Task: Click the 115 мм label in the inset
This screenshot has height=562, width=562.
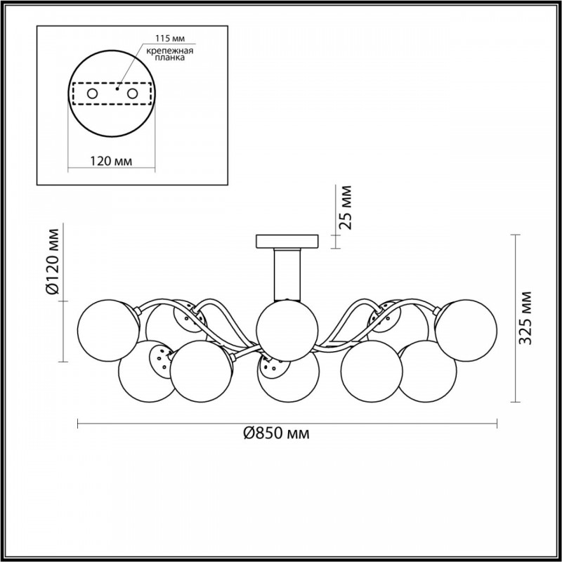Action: pyautogui.click(x=170, y=39)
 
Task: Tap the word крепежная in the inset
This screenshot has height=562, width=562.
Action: pyautogui.click(x=170, y=51)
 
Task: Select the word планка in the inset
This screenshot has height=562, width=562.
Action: pyautogui.click(x=170, y=58)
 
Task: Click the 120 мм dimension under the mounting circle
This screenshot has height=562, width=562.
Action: pyautogui.click(x=111, y=162)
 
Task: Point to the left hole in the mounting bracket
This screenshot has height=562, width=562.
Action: pyautogui.click(x=93, y=94)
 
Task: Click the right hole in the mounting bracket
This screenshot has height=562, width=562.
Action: pyautogui.click(x=132, y=94)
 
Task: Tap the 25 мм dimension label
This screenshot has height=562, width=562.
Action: pyautogui.click(x=346, y=207)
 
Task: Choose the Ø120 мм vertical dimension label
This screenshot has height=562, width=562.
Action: pyautogui.click(x=53, y=261)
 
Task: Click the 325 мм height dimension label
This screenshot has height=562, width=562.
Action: pyautogui.click(x=525, y=318)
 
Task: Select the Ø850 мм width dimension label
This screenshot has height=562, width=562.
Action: pyautogui.click(x=276, y=433)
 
